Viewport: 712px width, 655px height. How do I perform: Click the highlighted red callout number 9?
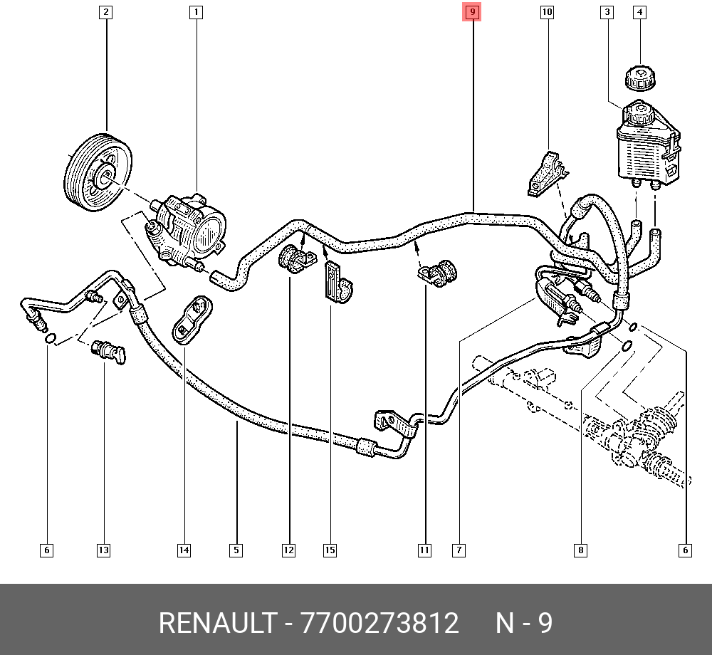472,12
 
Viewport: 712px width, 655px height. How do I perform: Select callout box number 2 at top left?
105,12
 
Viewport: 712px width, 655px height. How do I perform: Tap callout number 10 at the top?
547,12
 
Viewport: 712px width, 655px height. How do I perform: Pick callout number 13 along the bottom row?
103,550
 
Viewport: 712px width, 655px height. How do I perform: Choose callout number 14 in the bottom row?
184,550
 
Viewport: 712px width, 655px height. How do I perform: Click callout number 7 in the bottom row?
459,550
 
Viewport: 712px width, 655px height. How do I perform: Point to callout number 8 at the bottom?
580,550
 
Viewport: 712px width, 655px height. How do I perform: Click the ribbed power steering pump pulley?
98,172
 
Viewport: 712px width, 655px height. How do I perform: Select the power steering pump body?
187,229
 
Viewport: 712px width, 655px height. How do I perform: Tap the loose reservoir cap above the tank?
640,78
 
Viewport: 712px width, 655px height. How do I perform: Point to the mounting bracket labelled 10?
547,174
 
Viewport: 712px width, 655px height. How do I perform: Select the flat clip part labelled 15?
337,283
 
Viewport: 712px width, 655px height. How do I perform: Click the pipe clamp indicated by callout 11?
438,273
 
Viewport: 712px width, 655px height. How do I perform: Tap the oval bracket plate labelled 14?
192,320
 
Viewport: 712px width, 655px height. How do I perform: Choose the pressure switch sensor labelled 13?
109,351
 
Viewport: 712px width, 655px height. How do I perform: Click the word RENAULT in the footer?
218,623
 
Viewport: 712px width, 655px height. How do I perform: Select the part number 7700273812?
379,623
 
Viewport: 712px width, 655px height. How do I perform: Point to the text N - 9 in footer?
524,623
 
